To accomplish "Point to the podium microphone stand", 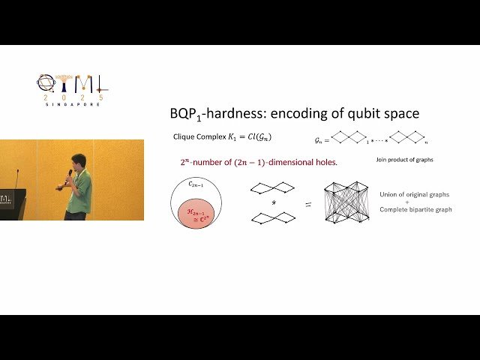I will click(17, 180).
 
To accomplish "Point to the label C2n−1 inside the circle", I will click(195, 184).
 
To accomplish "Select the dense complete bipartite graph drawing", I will click(346, 202).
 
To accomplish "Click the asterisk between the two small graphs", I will click(272, 202).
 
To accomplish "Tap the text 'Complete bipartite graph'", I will click(416, 209).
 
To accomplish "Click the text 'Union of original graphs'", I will click(415, 194).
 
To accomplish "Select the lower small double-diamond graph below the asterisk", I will click(272, 218).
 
